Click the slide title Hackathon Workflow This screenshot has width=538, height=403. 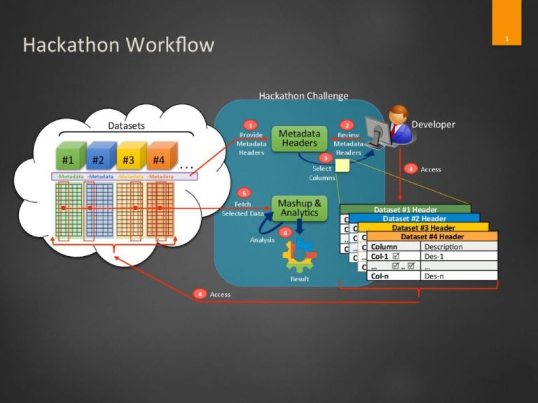click(x=118, y=45)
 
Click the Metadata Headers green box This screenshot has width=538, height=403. click(x=299, y=138)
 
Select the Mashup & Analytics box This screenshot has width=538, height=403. click(x=299, y=208)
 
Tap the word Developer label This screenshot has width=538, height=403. click(x=433, y=125)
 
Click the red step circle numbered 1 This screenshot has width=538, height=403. click(x=250, y=125)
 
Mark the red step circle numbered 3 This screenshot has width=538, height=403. click(x=325, y=158)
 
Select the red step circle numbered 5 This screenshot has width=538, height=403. click(x=243, y=192)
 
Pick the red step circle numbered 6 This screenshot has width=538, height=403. click(x=284, y=232)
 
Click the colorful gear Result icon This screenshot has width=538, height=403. click(x=300, y=257)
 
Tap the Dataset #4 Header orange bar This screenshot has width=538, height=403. click(x=432, y=236)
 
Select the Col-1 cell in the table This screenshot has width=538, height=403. click(x=382, y=256)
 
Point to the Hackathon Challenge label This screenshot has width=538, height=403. click(x=303, y=96)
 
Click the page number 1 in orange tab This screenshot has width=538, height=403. click(x=506, y=38)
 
